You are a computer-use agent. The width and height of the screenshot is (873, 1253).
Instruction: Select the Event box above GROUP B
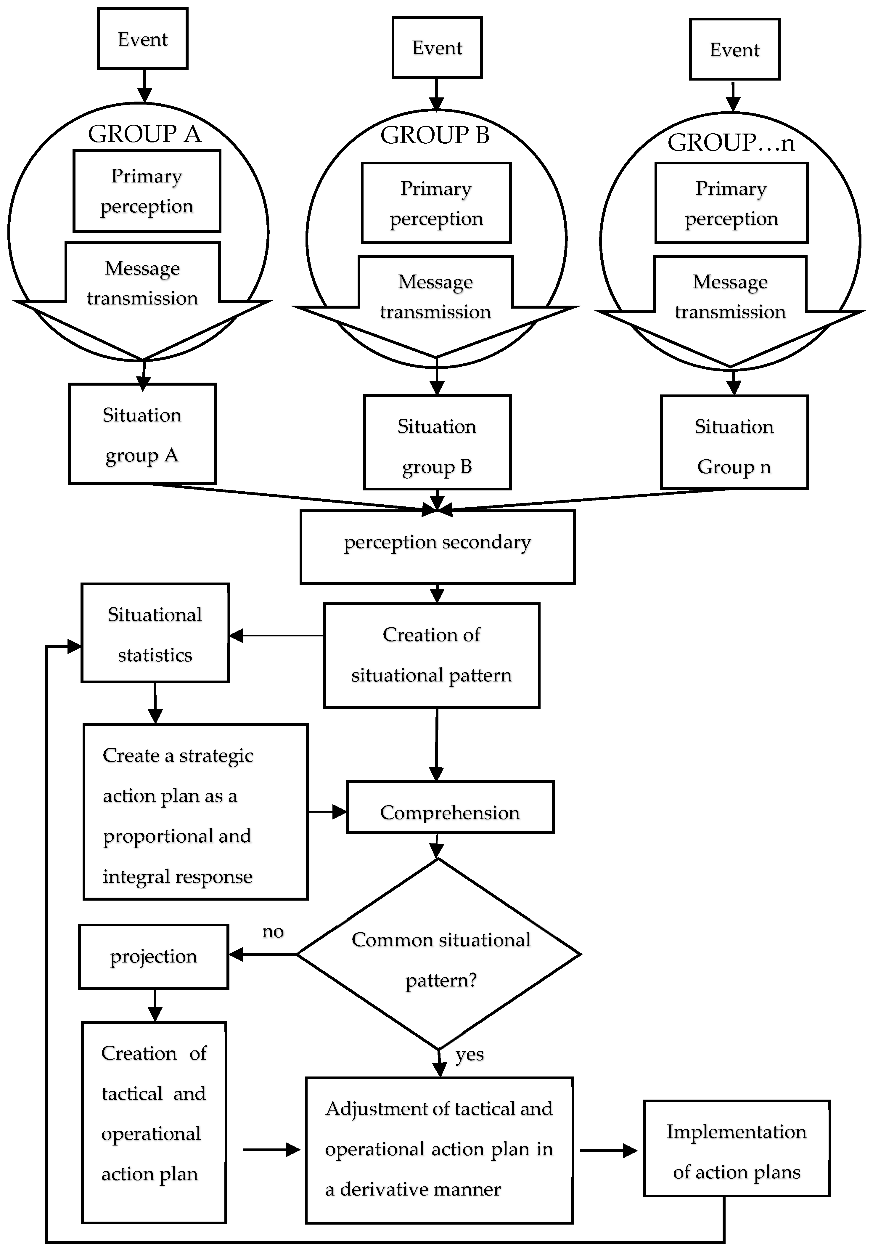tap(437, 47)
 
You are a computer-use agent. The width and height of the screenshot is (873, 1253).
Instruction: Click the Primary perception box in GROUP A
tap(147, 191)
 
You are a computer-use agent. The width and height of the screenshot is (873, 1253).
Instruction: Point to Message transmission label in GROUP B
tap(435, 297)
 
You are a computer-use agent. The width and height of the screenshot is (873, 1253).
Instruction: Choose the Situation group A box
tap(142, 434)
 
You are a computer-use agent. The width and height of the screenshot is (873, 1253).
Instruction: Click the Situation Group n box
tap(734, 442)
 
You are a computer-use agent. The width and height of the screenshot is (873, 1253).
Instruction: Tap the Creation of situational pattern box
tap(432, 655)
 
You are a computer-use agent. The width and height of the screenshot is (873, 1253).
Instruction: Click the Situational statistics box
tap(155, 633)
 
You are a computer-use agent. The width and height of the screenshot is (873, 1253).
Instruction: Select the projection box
tap(153, 956)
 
